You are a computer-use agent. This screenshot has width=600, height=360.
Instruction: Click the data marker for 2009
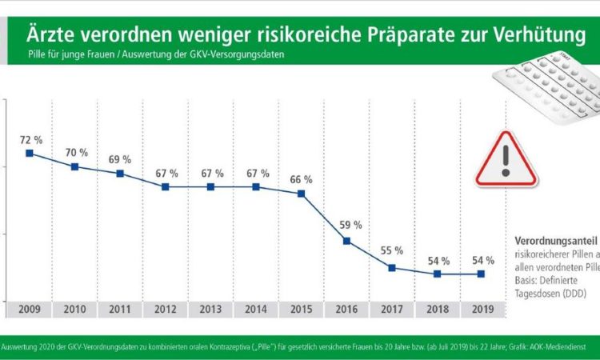(x=30, y=153)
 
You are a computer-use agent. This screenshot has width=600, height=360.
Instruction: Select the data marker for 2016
(x=346, y=241)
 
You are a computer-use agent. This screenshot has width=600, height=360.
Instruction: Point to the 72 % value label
(x=30, y=138)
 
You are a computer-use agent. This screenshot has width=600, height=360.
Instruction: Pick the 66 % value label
(x=302, y=178)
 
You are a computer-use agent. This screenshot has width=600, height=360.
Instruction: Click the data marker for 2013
(x=210, y=186)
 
